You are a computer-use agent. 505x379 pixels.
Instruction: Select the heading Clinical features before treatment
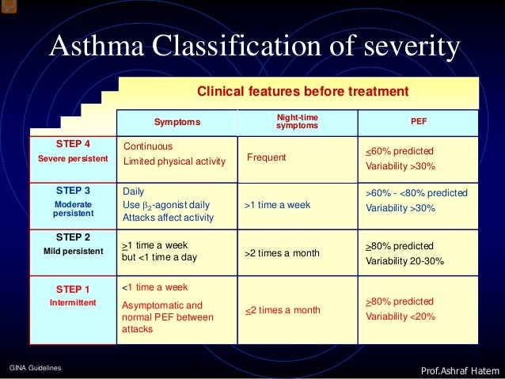[x=302, y=92]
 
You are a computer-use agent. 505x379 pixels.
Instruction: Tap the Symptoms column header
[x=177, y=122]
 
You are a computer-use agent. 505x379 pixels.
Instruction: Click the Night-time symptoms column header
[x=297, y=122]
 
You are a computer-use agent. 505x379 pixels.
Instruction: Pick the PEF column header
[x=419, y=122]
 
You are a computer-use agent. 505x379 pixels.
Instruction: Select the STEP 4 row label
[x=73, y=144]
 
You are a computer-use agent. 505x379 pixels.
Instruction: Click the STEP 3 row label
[x=73, y=191]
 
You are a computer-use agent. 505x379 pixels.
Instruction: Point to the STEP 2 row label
[x=73, y=237]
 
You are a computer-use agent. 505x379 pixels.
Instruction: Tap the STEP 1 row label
[x=73, y=289]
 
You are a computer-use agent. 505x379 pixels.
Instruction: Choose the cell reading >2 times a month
[x=282, y=253]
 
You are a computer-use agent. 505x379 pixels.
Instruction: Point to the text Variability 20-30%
[x=404, y=260]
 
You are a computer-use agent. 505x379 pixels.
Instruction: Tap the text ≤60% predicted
[x=400, y=151]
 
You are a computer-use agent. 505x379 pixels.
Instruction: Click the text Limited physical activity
[x=174, y=162]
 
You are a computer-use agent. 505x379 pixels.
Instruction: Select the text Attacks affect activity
[x=169, y=218]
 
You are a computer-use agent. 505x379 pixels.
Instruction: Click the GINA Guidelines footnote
[x=36, y=369]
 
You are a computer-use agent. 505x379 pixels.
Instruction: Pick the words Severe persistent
[x=73, y=159]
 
